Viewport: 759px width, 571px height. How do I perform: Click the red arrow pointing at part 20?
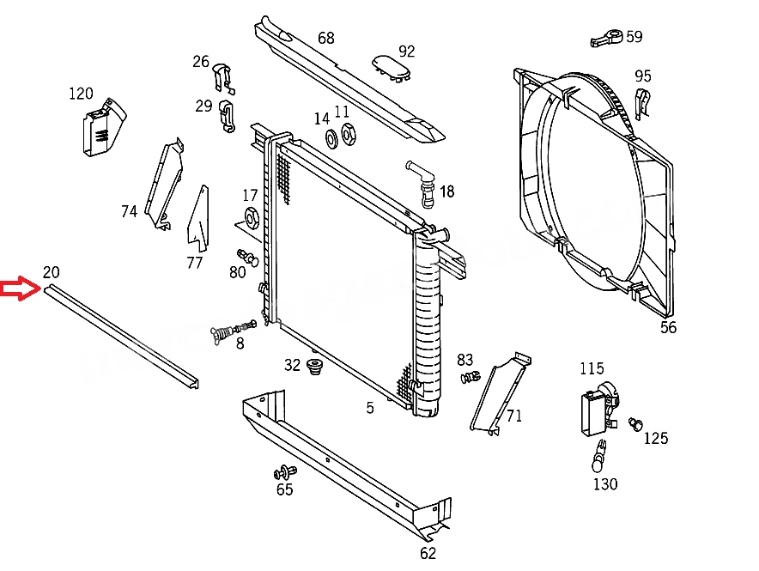[20, 289]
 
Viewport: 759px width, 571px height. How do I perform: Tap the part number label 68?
[325, 38]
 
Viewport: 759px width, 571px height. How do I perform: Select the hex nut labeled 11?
[348, 134]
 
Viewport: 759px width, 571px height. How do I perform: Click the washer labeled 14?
[331, 139]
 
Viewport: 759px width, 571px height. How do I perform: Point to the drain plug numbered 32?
[315, 367]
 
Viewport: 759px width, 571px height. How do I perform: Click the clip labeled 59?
[606, 38]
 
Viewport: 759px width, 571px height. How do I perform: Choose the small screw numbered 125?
[635, 424]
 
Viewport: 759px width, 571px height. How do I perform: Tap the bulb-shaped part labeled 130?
[599, 456]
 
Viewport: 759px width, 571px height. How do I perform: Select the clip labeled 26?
[223, 78]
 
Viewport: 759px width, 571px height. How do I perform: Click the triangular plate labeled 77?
[198, 219]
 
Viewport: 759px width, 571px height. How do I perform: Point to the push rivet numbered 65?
[285, 471]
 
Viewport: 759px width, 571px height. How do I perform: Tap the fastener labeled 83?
[471, 376]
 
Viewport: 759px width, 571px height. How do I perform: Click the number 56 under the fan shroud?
[668, 327]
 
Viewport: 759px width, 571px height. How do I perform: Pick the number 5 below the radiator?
[370, 408]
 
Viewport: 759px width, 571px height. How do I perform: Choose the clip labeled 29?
[226, 116]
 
